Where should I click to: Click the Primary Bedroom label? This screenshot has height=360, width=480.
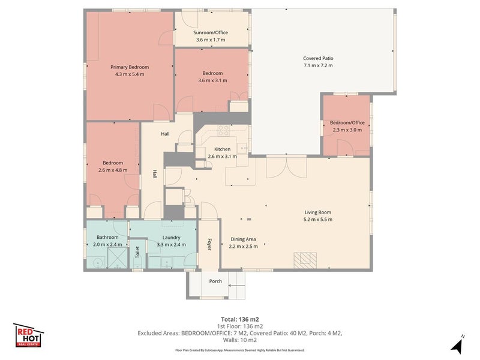(x=130, y=67)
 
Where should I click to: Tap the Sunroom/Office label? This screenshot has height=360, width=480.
(x=211, y=32)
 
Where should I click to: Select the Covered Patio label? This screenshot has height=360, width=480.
(x=318, y=58)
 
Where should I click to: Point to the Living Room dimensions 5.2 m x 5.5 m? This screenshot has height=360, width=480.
(x=318, y=219)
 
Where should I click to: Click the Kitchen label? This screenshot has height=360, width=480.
(x=222, y=149)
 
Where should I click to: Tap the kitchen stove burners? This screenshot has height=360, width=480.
(x=223, y=130)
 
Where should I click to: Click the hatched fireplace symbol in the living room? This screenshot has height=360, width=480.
(x=305, y=260)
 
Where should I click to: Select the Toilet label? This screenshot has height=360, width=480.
(x=137, y=252)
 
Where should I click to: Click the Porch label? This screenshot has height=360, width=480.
(x=215, y=281)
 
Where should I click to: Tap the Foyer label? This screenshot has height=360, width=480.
(x=209, y=244)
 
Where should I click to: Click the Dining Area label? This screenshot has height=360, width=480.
(x=243, y=239)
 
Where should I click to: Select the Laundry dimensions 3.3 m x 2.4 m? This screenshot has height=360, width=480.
(x=171, y=245)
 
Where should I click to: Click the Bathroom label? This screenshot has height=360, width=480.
(x=107, y=237)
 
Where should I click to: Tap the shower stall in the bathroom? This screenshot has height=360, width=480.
(x=118, y=258)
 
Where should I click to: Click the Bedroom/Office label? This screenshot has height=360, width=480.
(x=347, y=122)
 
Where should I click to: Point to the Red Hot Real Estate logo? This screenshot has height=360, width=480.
(x=28, y=335)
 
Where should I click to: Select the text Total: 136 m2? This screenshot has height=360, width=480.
(x=240, y=320)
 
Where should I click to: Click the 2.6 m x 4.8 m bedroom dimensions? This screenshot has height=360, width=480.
(x=113, y=170)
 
